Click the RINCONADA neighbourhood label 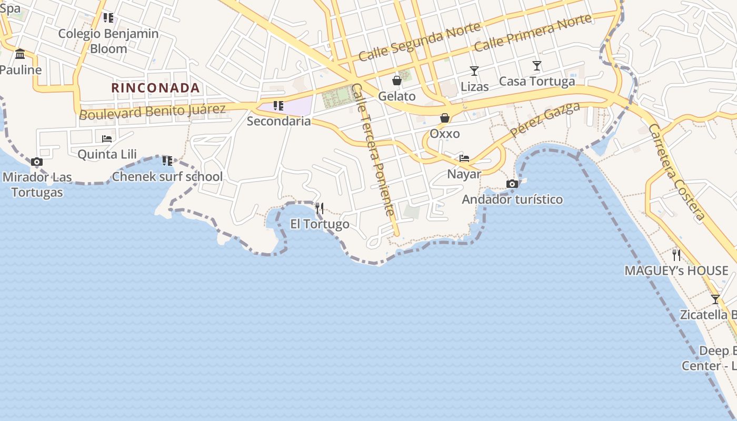point(156,88)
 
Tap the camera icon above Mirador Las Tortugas point(36,162)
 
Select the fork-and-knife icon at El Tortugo point(320,208)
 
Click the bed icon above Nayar point(464,158)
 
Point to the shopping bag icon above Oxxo point(445,118)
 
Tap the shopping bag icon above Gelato point(397,81)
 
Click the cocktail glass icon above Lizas point(474,71)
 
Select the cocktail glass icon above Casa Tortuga point(536,66)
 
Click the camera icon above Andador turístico point(512,184)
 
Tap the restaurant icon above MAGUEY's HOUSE point(676,255)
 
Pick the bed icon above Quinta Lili point(107,139)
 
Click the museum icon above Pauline point(20,54)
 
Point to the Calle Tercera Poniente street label point(373,150)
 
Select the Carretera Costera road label point(676,172)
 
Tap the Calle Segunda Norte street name point(420,42)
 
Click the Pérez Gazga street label point(544,118)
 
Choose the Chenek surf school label point(167,176)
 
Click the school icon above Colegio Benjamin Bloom point(108,18)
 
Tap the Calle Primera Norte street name point(533,33)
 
